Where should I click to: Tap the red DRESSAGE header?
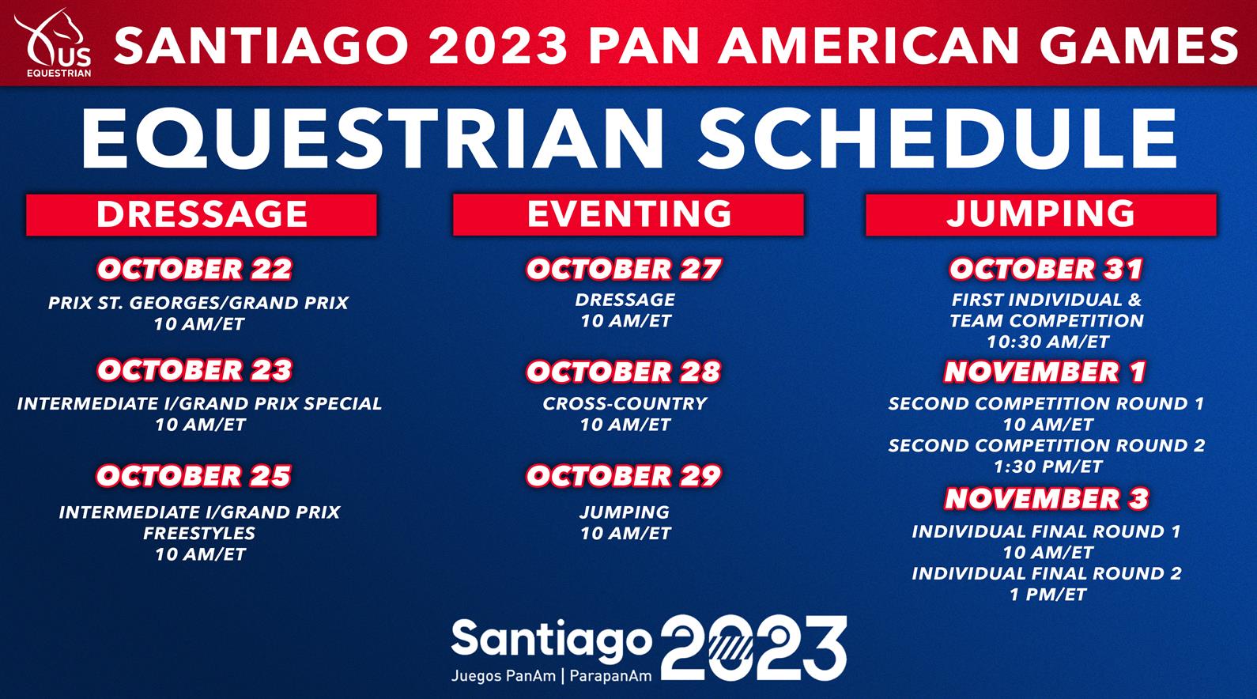(x=202, y=214)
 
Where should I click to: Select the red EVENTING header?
(x=628, y=214)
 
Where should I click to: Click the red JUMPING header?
(x=1041, y=214)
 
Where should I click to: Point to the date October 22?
(x=194, y=269)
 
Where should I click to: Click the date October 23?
(x=194, y=371)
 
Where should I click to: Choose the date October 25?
(x=194, y=476)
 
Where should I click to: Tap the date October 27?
(x=624, y=269)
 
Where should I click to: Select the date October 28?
(x=624, y=372)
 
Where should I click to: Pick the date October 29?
(x=624, y=476)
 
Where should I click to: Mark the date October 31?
(x=1047, y=269)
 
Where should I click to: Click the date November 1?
(x=1045, y=372)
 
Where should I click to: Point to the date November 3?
(x=1047, y=499)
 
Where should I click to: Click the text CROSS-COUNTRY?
(x=625, y=404)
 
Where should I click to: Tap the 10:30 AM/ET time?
(x=1047, y=342)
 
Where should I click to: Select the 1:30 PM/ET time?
(x=1047, y=467)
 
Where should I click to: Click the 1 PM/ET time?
(x=1047, y=595)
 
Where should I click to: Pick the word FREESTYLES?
(x=199, y=534)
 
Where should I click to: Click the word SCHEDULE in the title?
(x=938, y=138)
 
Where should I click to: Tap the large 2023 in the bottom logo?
(x=753, y=648)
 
